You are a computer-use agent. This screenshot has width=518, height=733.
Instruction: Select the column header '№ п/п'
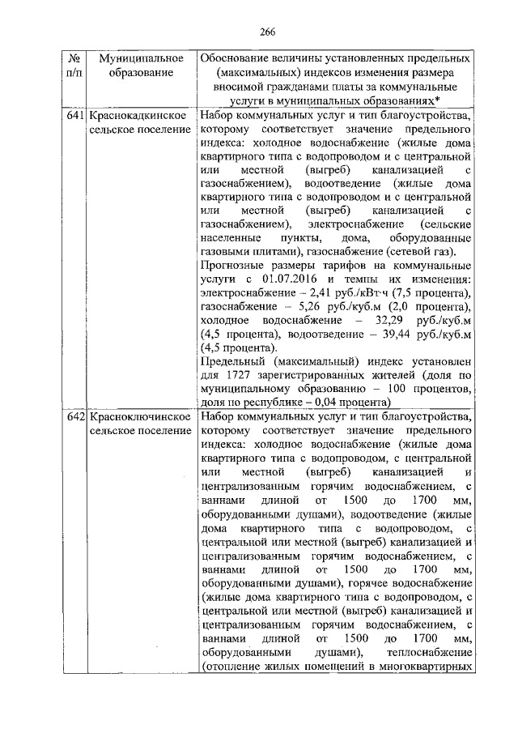(x=74, y=66)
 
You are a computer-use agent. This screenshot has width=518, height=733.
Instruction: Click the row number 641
(x=74, y=116)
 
